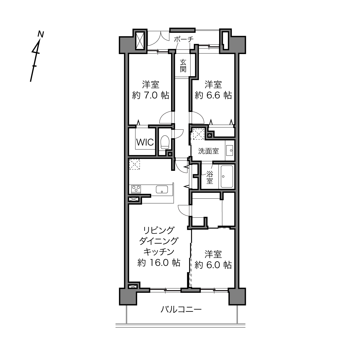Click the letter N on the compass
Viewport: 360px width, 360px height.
(x=41, y=34)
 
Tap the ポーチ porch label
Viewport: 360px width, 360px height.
(x=184, y=39)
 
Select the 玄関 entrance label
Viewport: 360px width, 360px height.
(x=183, y=66)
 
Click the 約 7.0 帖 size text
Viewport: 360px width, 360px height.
(x=151, y=95)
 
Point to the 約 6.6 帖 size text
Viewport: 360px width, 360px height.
(x=213, y=95)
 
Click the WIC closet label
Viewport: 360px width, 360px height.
(x=145, y=142)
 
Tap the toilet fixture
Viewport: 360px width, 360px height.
(x=165, y=142)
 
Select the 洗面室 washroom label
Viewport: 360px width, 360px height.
(x=208, y=151)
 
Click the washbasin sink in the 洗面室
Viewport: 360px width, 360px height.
(x=229, y=151)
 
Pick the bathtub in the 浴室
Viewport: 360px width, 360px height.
(x=227, y=177)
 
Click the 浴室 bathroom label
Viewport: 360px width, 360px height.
(x=210, y=178)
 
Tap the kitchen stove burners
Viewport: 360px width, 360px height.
(x=136, y=189)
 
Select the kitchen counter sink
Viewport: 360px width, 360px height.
(x=162, y=189)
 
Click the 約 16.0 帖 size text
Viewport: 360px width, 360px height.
(x=159, y=263)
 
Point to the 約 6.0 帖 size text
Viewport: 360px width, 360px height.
(x=213, y=265)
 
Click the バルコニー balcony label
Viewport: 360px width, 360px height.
(x=181, y=310)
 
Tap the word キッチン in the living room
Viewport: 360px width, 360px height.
(x=159, y=252)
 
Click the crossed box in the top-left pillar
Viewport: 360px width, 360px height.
(x=140, y=40)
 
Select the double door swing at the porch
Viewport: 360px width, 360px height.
(x=158, y=39)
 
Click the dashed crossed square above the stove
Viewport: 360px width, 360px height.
(x=135, y=164)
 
